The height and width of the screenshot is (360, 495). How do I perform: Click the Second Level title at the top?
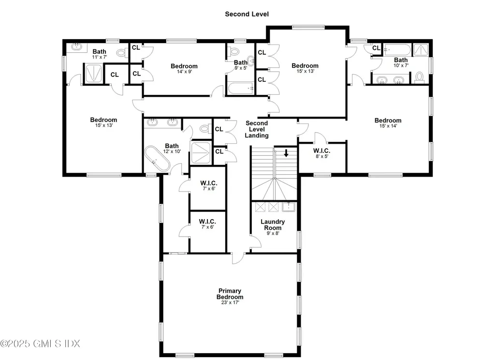click(247, 14)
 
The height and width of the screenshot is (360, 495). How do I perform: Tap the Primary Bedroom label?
click(230, 294)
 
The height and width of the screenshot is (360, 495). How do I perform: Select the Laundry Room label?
click(273, 225)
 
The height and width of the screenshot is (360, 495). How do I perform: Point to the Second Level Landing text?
click(256, 129)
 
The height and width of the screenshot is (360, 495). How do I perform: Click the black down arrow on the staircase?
click(286, 153)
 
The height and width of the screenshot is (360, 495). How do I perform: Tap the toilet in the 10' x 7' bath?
click(419, 77)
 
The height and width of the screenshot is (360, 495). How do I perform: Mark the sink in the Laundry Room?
click(289, 207)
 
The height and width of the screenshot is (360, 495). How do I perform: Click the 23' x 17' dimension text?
click(230, 302)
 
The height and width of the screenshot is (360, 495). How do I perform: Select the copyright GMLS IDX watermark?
click(41, 344)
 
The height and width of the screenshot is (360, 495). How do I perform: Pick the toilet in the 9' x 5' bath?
click(235, 51)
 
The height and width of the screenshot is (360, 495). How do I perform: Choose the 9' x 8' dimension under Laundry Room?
click(273, 233)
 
